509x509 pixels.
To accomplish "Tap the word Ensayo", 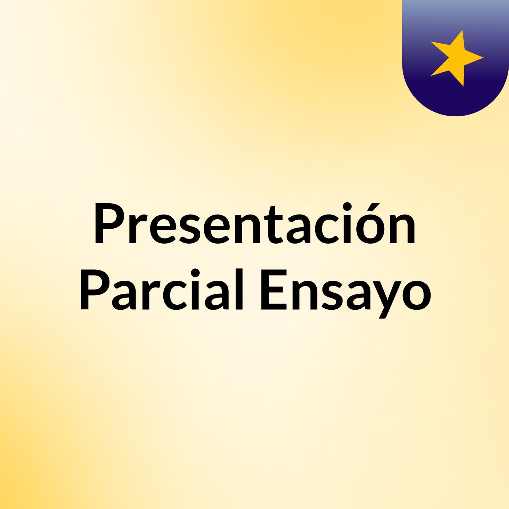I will point(345,289).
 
